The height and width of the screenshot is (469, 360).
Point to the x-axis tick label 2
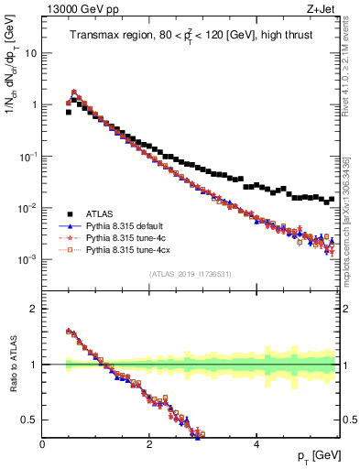point(149,444)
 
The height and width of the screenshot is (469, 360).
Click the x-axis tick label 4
point(256,444)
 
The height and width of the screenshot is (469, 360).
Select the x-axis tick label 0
point(42,444)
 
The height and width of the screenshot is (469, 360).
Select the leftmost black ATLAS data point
point(69,112)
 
